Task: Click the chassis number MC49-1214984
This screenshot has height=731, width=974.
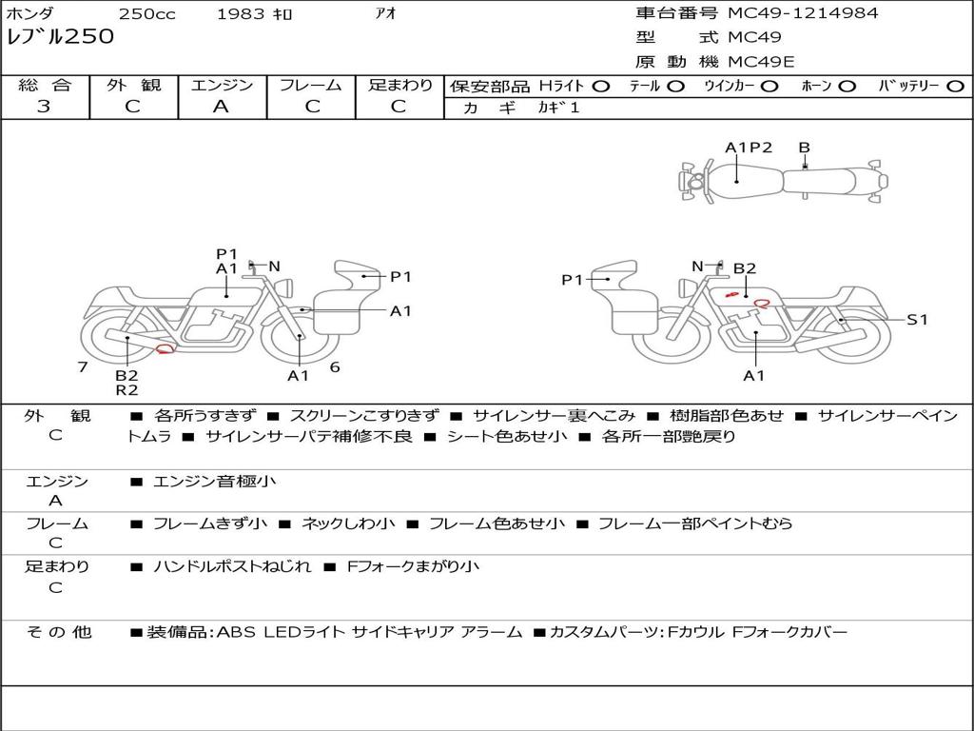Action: [803, 13]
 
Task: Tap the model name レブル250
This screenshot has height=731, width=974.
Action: [60, 37]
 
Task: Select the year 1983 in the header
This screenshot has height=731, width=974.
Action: [241, 13]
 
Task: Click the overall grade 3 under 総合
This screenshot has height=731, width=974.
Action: [44, 107]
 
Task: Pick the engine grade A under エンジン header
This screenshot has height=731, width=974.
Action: [221, 107]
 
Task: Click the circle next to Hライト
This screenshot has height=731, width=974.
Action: [601, 87]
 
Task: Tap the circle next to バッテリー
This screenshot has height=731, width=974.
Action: [956, 87]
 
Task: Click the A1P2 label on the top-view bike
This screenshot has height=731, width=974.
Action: [749, 148]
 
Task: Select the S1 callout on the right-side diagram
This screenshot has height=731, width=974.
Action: [917, 320]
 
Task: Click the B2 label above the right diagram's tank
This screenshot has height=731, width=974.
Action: [745, 268]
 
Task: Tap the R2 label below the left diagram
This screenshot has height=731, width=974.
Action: [127, 390]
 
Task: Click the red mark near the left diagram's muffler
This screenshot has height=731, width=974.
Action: [165, 349]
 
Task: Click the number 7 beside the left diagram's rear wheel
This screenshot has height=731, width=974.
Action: [83, 366]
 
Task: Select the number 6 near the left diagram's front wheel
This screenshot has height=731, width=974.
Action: [335, 367]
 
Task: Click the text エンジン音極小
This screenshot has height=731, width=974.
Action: [214, 481]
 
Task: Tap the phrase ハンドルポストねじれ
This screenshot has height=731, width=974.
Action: [232, 566]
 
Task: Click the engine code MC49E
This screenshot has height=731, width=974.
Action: [761, 62]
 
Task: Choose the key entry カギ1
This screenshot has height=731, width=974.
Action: [558, 108]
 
